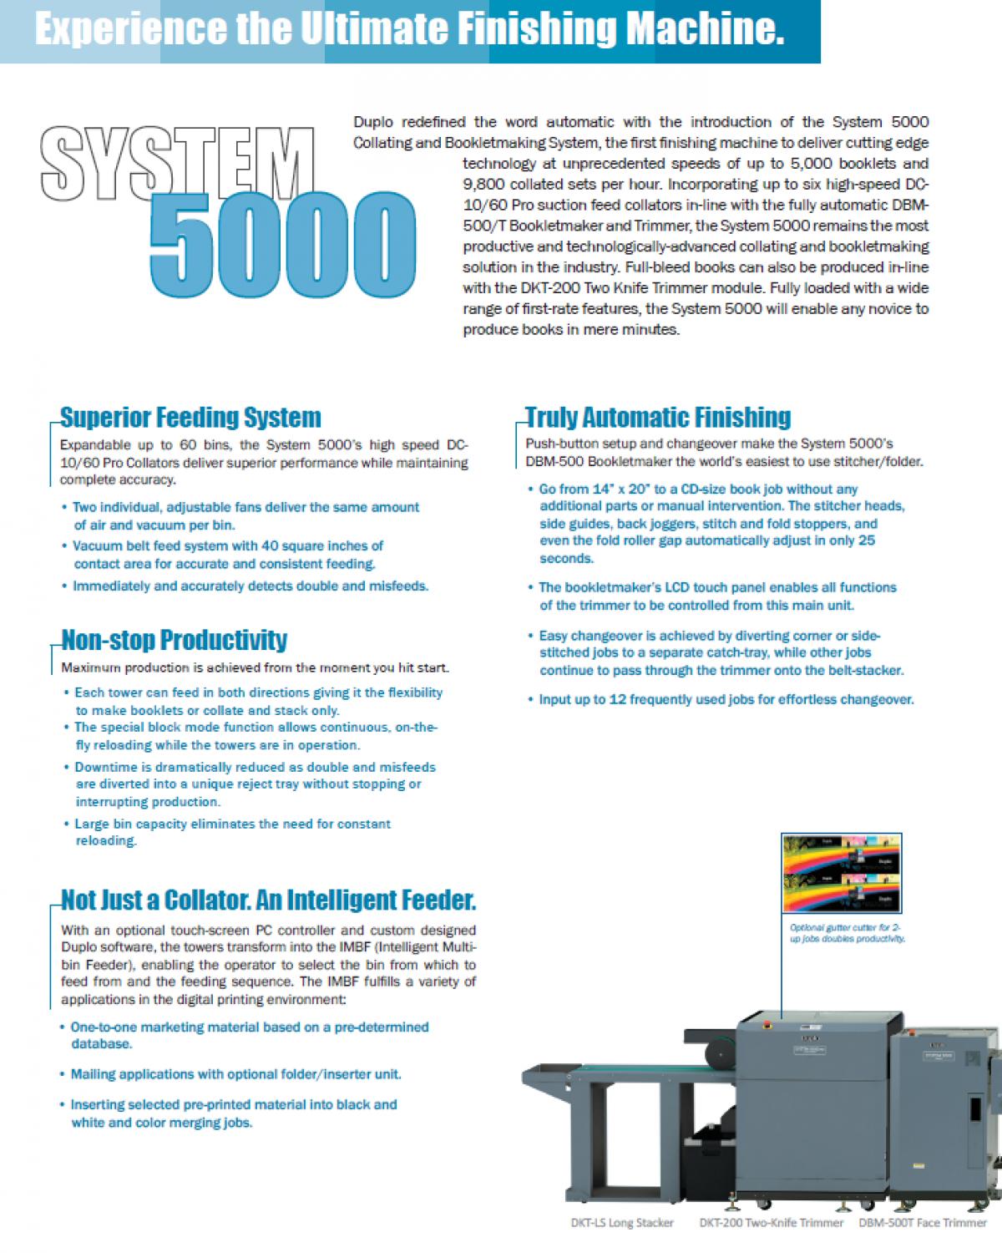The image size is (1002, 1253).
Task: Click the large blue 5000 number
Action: (x=282, y=246)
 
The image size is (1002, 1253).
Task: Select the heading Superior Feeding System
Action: (x=191, y=418)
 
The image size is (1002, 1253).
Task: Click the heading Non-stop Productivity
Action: (x=175, y=641)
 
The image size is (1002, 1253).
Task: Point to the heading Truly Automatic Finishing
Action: (x=659, y=418)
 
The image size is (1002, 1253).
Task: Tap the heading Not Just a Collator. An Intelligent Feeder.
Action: (x=269, y=900)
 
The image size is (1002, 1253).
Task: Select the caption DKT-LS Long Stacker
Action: (x=622, y=1223)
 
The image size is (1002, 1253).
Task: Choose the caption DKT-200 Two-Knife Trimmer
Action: (x=772, y=1223)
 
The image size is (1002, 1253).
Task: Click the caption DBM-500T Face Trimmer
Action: (x=923, y=1223)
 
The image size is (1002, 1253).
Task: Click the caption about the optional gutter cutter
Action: (x=847, y=933)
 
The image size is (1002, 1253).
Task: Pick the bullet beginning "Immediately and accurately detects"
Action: (x=250, y=586)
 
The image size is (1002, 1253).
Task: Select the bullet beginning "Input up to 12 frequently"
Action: (x=726, y=700)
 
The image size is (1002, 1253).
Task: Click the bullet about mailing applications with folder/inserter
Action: (x=236, y=1074)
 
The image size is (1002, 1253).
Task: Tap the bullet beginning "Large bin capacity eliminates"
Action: (x=232, y=832)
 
